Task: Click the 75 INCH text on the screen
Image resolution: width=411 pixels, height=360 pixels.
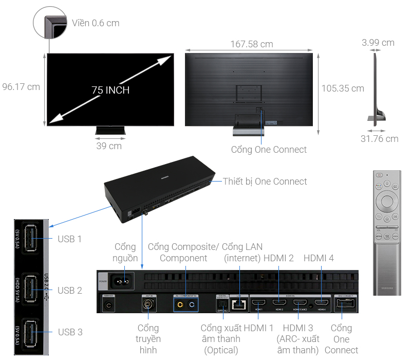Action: (110, 90)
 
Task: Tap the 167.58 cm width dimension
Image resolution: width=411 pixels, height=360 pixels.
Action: (252, 44)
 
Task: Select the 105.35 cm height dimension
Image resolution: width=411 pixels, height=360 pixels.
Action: (343, 88)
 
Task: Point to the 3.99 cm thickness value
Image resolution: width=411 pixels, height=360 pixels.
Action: (378, 43)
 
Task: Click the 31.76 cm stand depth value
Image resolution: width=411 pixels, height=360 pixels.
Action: (379, 139)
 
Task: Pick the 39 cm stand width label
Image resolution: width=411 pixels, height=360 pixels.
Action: (109, 146)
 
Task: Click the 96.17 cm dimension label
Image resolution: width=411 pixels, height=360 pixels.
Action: (21, 86)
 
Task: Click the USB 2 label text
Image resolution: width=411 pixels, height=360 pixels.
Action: (69, 291)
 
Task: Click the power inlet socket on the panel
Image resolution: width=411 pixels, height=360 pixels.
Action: (123, 281)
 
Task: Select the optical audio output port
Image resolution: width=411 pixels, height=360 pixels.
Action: (222, 304)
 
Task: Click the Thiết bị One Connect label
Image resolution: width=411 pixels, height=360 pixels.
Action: (265, 182)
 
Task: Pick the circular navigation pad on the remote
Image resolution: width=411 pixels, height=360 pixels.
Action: (386, 199)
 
